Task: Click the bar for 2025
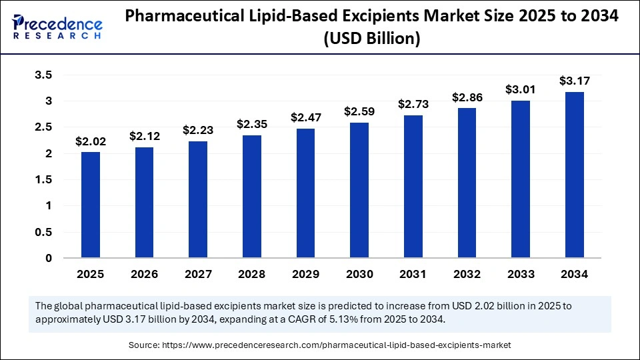91,205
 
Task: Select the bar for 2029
305,193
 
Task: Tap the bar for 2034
575,175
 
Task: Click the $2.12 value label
144,136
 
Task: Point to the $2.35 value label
251,124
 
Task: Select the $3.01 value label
521,89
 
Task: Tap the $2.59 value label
359,111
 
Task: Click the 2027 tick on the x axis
198,274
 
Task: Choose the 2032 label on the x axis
467,274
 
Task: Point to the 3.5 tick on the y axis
43,75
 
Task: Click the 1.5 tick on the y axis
43,180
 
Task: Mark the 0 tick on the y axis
48,259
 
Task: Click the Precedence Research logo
57,27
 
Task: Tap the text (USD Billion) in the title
371,39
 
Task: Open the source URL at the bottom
341,345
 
